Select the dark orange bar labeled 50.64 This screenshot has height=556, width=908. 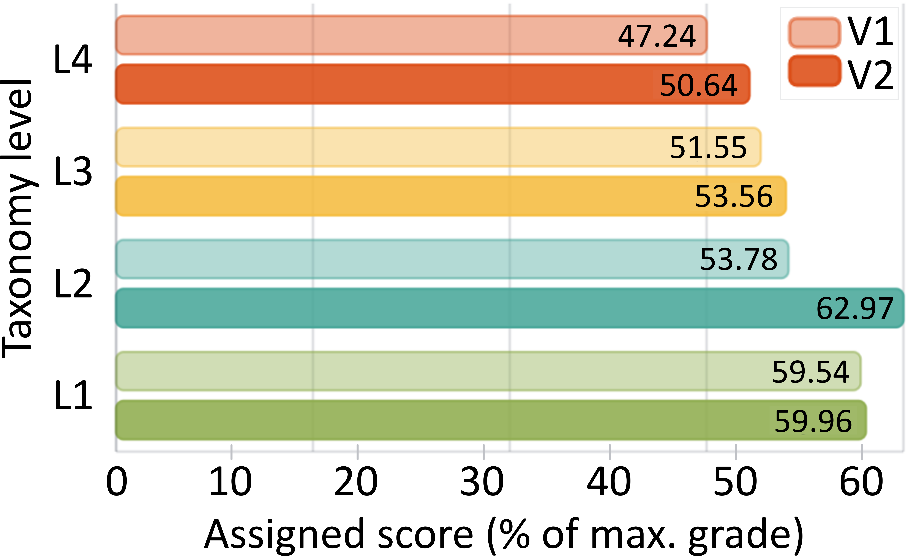[433, 84]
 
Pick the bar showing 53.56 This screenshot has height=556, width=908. [451, 196]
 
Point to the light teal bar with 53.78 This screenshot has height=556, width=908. [452, 259]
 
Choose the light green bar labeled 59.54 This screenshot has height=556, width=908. [488, 371]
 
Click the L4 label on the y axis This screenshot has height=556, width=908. [73, 60]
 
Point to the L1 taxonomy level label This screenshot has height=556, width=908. [73, 396]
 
